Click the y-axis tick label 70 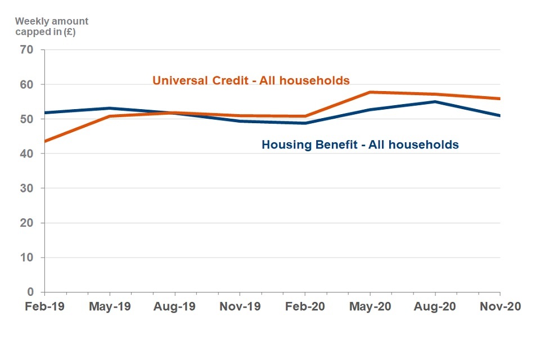tap(27, 50)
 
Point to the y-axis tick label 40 tap(27, 154)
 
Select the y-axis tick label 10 tap(27, 258)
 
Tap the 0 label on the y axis tap(30, 292)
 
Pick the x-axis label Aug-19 tap(174, 307)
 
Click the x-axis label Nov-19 tap(240, 307)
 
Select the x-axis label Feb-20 tap(305, 307)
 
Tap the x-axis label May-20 tap(370, 307)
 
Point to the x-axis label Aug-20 tap(435, 307)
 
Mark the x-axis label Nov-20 tap(500, 307)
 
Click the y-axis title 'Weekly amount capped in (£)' tap(51, 26)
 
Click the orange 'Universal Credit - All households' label tap(251, 80)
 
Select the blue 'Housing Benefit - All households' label tap(360, 145)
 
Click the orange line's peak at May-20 tap(370, 92)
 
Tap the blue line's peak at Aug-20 tap(435, 102)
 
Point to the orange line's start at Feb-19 tap(45, 141)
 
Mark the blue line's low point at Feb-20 tap(305, 123)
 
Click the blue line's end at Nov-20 tap(499, 116)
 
